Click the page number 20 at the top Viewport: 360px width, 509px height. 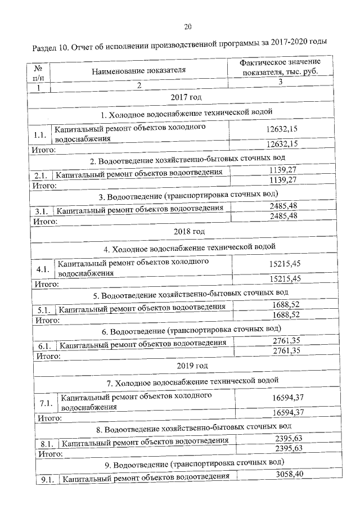point(188,26)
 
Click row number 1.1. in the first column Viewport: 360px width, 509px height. point(39,135)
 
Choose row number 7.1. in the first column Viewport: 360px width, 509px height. point(46,403)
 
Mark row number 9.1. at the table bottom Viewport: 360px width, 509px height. point(47,479)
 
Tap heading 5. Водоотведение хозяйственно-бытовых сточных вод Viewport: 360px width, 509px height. point(191,294)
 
